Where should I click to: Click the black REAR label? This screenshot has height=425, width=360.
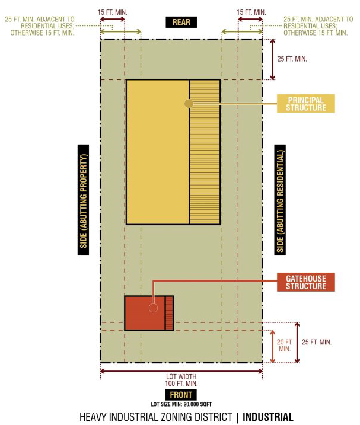pyautogui.click(x=181, y=22)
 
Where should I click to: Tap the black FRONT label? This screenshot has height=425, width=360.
pyautogui.click(x=181, y=395)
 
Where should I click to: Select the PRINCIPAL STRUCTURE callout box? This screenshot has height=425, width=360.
pyautogui.click(x=306, y=104)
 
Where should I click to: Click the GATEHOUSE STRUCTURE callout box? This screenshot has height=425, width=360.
pyautogui.click(x=306, y=282)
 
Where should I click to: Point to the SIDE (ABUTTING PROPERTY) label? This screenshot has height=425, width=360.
pyautogui.click(x=83, y=200)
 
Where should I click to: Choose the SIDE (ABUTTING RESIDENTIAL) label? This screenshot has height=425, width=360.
pyautogui.click(x=280, y=200)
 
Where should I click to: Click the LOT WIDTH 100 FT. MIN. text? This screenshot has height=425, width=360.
pyautogui.click(x=181, y=380)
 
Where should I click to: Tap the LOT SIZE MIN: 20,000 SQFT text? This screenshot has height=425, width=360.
pyautogui.click(x=181, y=404)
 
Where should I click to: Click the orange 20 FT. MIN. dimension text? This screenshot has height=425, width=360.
pyautogui.click(x=285, y=346)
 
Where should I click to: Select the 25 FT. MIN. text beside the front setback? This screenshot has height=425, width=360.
pyautogui.click(x=317, y=342)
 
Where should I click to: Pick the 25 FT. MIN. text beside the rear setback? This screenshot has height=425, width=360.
pyautogui.click(x=292, y=59)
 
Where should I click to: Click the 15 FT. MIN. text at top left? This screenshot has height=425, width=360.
pyautogui.click(x=112, y=12)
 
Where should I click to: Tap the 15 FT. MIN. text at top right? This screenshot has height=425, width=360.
pyautogui.click(x=251, y=12)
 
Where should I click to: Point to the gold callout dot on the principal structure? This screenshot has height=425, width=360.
pyautogui.click(x=189, y=104)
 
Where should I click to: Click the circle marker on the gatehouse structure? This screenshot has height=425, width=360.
pyautogui.click(x=153, y=308)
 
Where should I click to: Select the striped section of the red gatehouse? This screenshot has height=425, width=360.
pyautogui.click(x=169, y=313)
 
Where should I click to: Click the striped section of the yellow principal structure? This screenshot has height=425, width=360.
pyautogui.click(x=205, y=152)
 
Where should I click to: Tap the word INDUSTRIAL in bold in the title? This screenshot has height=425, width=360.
pyautogui.click(x=268, y=417)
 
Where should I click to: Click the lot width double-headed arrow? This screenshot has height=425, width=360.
pyautogui.click(x=181, y=371)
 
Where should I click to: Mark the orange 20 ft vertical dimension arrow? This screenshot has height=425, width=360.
pyautogui.click(x=273, y=346)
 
